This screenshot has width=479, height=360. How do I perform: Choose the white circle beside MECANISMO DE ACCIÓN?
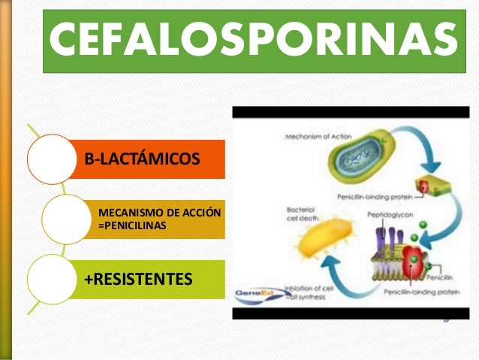[x=67, y=219]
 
